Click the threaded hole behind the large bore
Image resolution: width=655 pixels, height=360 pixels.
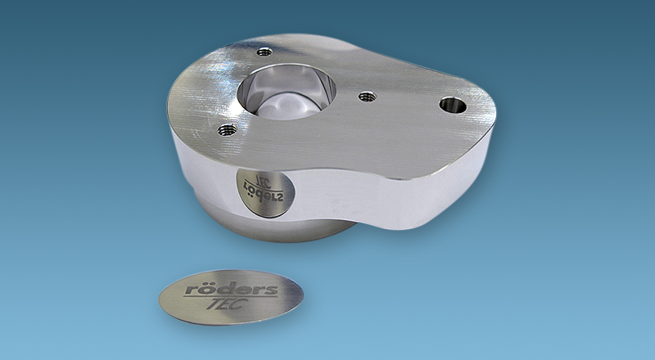pos(264,52)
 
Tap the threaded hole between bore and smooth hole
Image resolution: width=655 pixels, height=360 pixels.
pos(367,97)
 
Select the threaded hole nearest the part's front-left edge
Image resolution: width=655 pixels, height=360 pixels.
pos(228,130)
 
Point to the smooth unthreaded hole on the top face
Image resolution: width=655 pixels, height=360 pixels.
pos(453,105)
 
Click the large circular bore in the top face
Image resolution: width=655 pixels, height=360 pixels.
pos(287,92)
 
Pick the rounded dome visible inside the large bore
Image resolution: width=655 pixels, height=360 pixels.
pos(287,106)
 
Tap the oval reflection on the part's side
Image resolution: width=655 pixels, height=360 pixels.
pos(265,192)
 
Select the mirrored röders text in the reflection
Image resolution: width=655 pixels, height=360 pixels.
pos(264,193)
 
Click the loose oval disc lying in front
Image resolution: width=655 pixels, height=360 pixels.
pos(231,297)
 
